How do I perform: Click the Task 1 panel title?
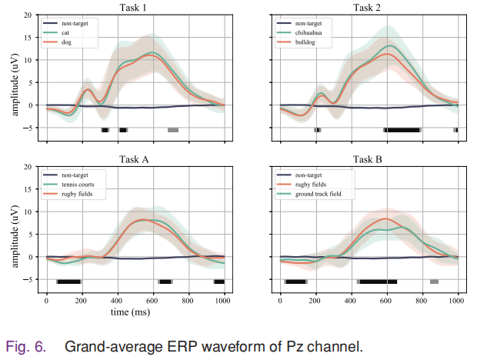tap(135, 8)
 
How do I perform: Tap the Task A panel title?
tap(135, 159)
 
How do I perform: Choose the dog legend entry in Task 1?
tap(74, 43)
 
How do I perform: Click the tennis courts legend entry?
tap(85, 185)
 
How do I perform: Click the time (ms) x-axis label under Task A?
tap(135, 312)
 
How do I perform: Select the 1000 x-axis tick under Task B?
tap(458, 301)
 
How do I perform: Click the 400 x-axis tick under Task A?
tap(118, 301)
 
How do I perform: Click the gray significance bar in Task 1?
tap(173, 130)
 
